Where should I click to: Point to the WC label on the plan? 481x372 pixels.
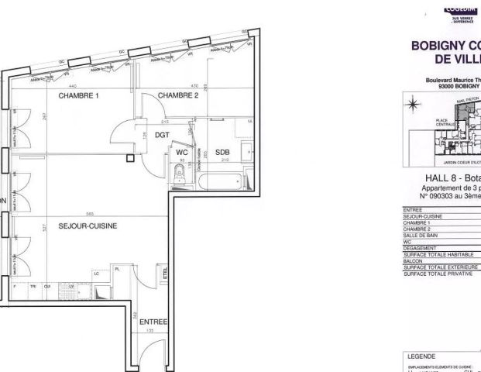click(182, 152)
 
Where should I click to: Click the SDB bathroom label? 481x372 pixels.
click(222, 152)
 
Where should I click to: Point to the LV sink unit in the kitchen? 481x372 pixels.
click(71, 287)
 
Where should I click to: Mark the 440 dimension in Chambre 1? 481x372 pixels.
click(73, 85)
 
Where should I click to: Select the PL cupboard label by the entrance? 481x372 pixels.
click(117, 269)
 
